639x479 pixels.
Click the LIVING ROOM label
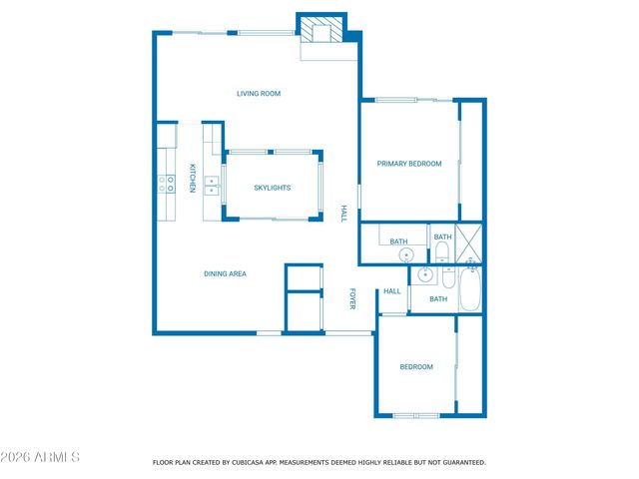point(259,94)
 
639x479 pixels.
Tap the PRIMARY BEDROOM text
point(408,164)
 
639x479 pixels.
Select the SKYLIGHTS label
point(272,188)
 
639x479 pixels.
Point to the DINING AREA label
point(225,273)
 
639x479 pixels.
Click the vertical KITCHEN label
point(192,178)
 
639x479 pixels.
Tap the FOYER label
point(352,297)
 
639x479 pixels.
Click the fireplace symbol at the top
point(322,30)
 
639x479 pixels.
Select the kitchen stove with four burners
point(166,183)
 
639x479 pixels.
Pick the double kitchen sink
point(212,184)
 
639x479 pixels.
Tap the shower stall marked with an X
point(469,243)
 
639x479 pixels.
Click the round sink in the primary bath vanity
point(405,255)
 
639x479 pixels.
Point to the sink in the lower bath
point(424,274)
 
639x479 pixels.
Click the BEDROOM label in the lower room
point(416,367)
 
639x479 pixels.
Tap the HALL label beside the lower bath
point(392,291)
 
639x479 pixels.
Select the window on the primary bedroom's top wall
point(395,100)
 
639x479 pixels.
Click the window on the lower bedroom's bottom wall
point(415,414)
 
